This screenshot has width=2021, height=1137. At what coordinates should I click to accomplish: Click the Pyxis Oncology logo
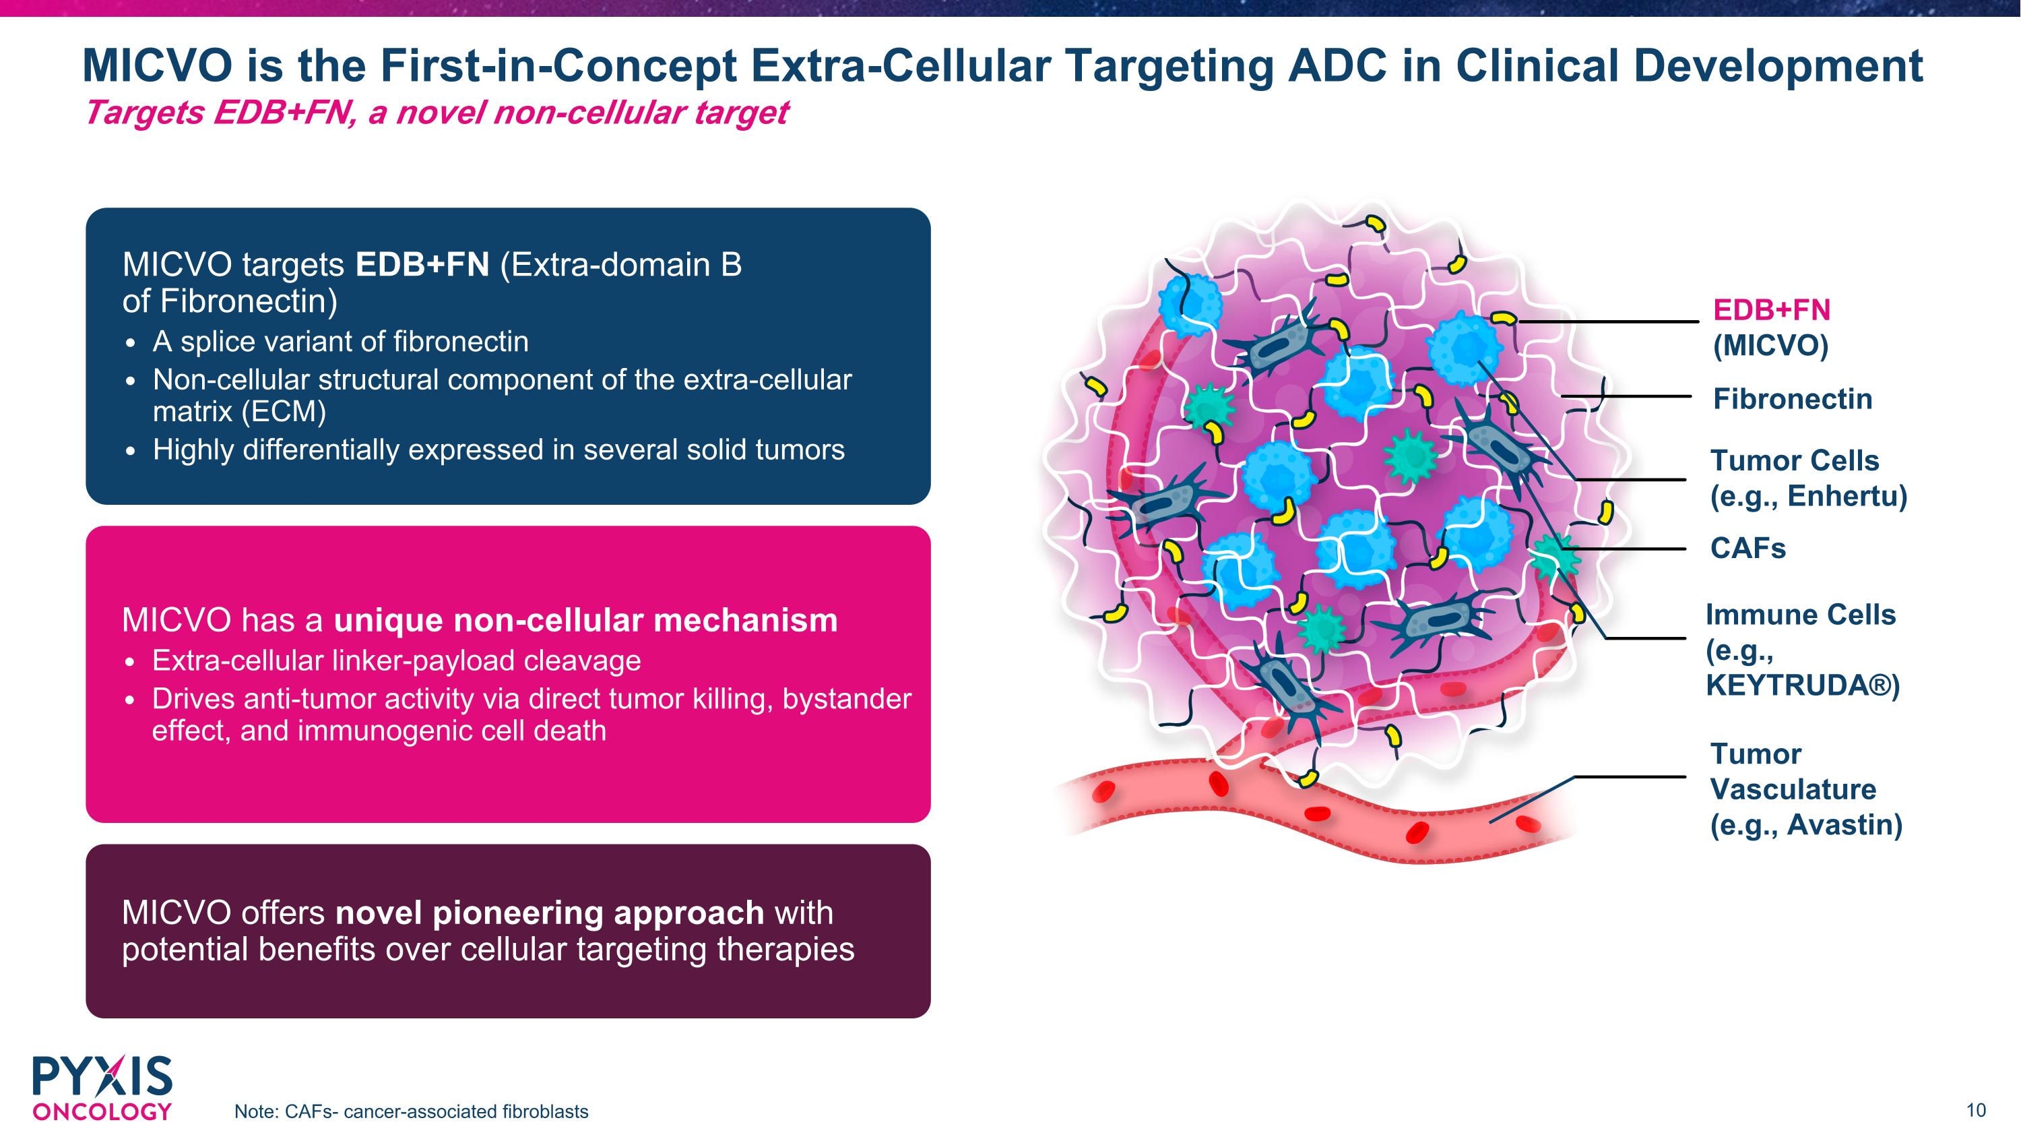click(102, 1088)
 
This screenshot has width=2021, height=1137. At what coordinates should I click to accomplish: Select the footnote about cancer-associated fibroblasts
click(411, 1111)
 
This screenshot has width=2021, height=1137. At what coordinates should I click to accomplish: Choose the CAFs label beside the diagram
click(1748, 548)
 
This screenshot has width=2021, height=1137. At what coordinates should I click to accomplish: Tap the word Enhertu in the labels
click(1846, 496)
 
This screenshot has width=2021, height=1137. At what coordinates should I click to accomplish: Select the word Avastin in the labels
click(1844, 825)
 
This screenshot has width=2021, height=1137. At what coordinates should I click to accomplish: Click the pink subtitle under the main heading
click(435, 112)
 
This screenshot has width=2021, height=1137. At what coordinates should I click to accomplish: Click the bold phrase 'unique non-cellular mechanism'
click(585, 620)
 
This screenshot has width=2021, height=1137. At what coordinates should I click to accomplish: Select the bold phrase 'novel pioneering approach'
click(549, 913)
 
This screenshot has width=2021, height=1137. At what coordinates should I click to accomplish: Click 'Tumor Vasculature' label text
click(1793, 771)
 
